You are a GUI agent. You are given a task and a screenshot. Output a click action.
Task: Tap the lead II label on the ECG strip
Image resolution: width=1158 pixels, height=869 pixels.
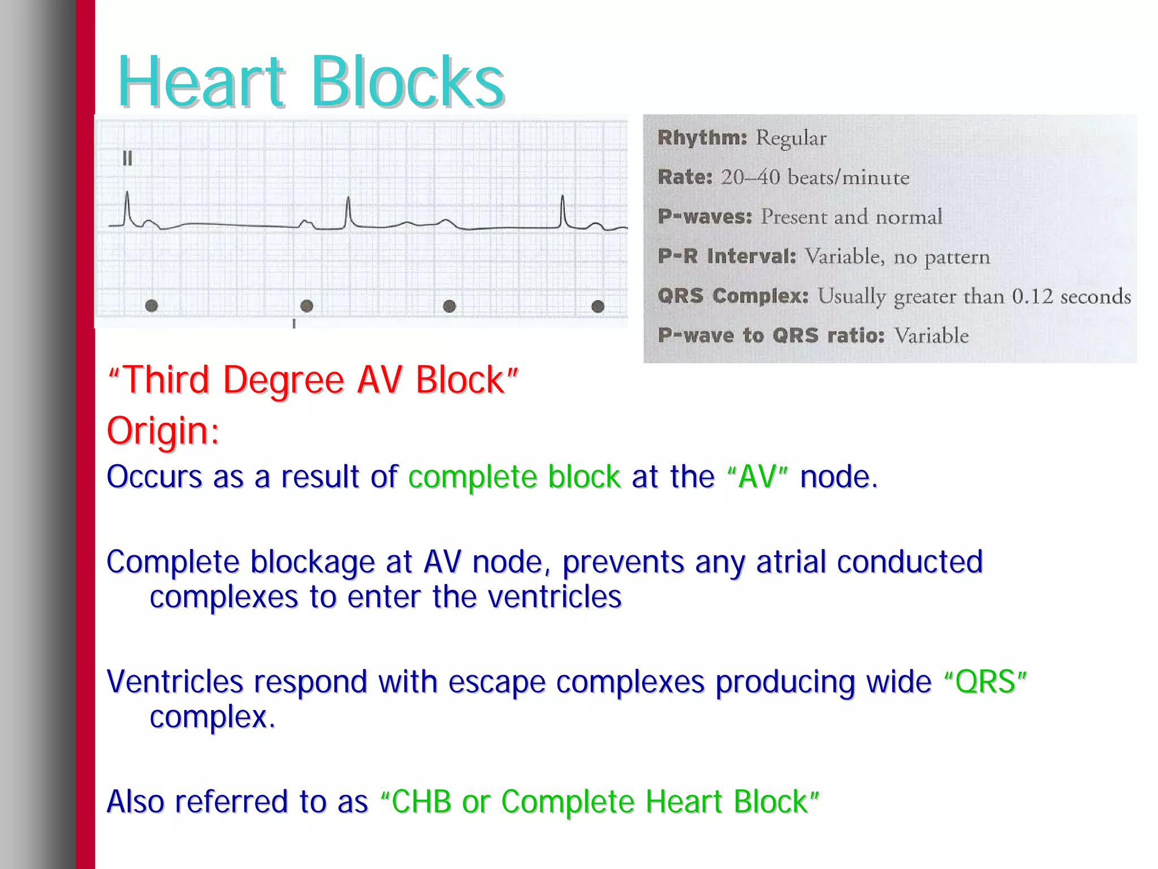point(127,159)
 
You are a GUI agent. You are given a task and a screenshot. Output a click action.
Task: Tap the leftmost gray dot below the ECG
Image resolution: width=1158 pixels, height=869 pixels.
point(152,306)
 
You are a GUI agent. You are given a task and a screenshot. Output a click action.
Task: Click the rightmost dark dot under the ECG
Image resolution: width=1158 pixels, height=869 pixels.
point(598,306)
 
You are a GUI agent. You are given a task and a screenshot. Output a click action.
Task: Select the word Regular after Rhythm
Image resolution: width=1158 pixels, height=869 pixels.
point(791,138)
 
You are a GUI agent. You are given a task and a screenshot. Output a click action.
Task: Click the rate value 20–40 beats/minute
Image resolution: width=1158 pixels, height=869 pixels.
point(815,178)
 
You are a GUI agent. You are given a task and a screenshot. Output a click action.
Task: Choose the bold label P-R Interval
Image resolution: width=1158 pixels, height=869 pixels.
point(727,256)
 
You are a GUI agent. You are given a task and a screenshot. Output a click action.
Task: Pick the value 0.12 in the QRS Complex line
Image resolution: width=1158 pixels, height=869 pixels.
point(1032,296)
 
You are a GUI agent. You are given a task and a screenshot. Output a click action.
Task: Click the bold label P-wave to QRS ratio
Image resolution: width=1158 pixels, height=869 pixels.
point(771,335)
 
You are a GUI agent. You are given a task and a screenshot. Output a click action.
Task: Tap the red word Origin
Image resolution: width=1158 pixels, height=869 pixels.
point(162,431)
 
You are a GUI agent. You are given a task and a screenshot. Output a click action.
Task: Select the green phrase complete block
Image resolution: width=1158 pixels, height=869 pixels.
point(514,477)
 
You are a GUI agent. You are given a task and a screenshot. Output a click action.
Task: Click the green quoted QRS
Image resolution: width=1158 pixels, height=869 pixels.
point(985,681)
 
